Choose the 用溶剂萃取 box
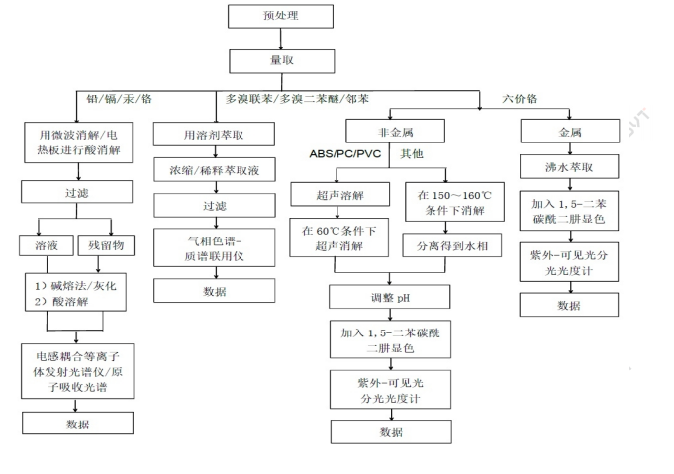pyautogui.click(x=214, y=135)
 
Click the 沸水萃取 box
pyautogui.click(x=563, y=167)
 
